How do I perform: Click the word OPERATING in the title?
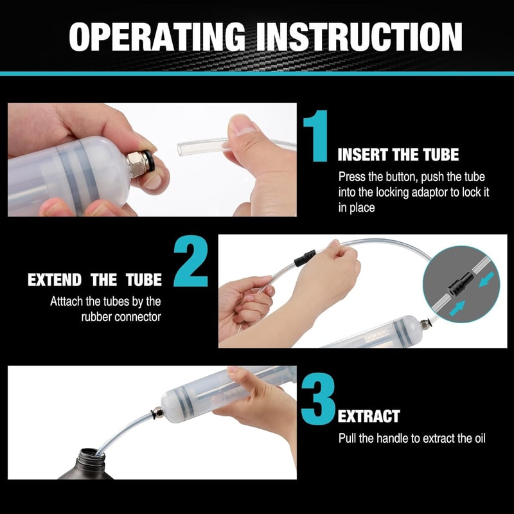[x=157, y=37]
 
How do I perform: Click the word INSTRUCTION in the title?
[x=359, y=37]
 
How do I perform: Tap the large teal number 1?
[x=316, y=136]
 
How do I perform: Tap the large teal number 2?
[x=191, y=261]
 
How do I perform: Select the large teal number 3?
[x=318, y=398]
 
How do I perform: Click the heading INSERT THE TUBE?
[x=398, y=154]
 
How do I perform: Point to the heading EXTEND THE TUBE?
[x=94, y=279]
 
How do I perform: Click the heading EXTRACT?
[x=369, y=416]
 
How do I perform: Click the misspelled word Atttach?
[x=67, y=301]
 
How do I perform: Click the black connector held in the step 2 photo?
[x=305, y=258]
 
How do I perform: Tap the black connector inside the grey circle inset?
[x=461, y=284]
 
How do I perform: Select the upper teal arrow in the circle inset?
[x=486, y=279]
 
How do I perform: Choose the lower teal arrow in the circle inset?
[x=457, y=308]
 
